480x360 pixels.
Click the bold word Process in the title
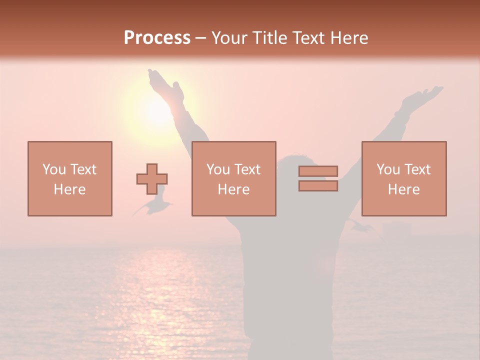[157, 38]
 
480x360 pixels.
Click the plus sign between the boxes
[152, 179]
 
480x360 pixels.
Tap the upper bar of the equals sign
[318, 171]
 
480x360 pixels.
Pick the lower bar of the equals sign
[318, 185]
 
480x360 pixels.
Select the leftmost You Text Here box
[70, 178]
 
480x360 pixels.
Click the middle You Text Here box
[233, 178]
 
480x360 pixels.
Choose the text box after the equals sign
[404, 178]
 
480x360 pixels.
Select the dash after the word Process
[201, 38]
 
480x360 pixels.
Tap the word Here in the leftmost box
[70, 189]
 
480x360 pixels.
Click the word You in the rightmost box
[388, 169]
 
